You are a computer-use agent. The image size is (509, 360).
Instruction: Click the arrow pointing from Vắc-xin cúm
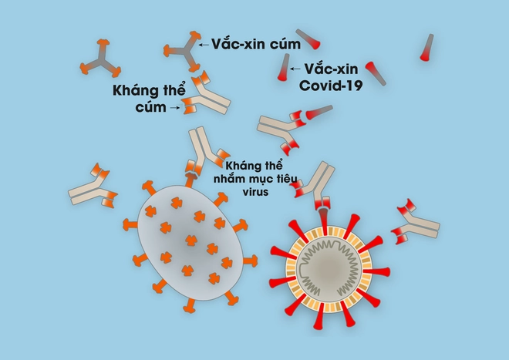204,45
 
